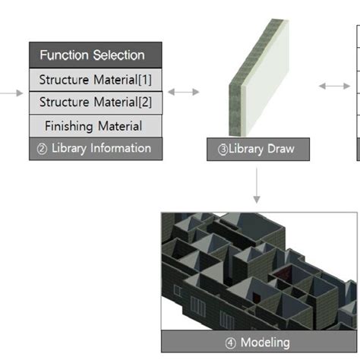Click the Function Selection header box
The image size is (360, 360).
96,55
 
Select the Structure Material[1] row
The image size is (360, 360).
96,79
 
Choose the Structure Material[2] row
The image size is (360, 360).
96,103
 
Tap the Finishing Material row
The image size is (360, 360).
96,125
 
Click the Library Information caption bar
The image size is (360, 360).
96,149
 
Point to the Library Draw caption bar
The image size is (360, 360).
258,150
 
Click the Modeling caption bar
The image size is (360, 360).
258,342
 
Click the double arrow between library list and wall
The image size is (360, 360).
183,92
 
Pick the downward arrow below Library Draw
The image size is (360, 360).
257,186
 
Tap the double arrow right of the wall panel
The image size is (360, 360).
334,87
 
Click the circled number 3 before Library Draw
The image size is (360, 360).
223,150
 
